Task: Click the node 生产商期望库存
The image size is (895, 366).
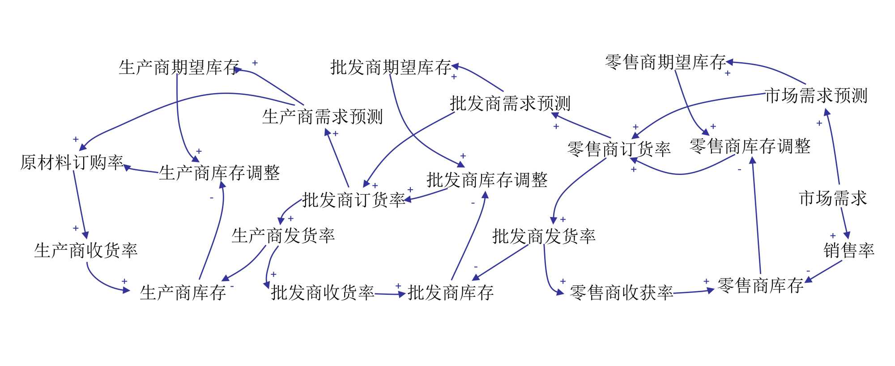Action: tap(179, 68)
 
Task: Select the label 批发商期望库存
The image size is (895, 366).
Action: tap(390, 68)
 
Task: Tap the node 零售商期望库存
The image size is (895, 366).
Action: tap(665, 62)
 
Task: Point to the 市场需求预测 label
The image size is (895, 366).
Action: tap(816, 96)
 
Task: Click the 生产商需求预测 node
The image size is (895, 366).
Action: tap(322, 117)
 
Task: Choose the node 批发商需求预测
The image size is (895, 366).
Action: tap(510, 103)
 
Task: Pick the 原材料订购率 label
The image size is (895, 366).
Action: tap(72, 162)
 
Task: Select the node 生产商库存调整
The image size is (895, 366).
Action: tap(219, 173)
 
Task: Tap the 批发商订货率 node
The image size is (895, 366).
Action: tap(354, 200)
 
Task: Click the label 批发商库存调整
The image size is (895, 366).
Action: tap(487, 180)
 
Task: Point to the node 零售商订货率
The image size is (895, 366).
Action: tap(619, 149)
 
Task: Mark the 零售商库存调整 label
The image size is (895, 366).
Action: tap(750, 146)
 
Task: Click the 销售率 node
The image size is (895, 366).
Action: tap(848, 251)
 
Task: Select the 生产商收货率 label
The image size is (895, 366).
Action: tap(86, 251)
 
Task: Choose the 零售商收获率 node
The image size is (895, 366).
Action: tap(621, 293)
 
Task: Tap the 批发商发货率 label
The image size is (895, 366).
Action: tap(544, 236)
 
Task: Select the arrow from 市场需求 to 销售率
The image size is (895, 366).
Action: tap(844, 223)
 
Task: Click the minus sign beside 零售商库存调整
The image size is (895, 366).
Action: tap(739, 170)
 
